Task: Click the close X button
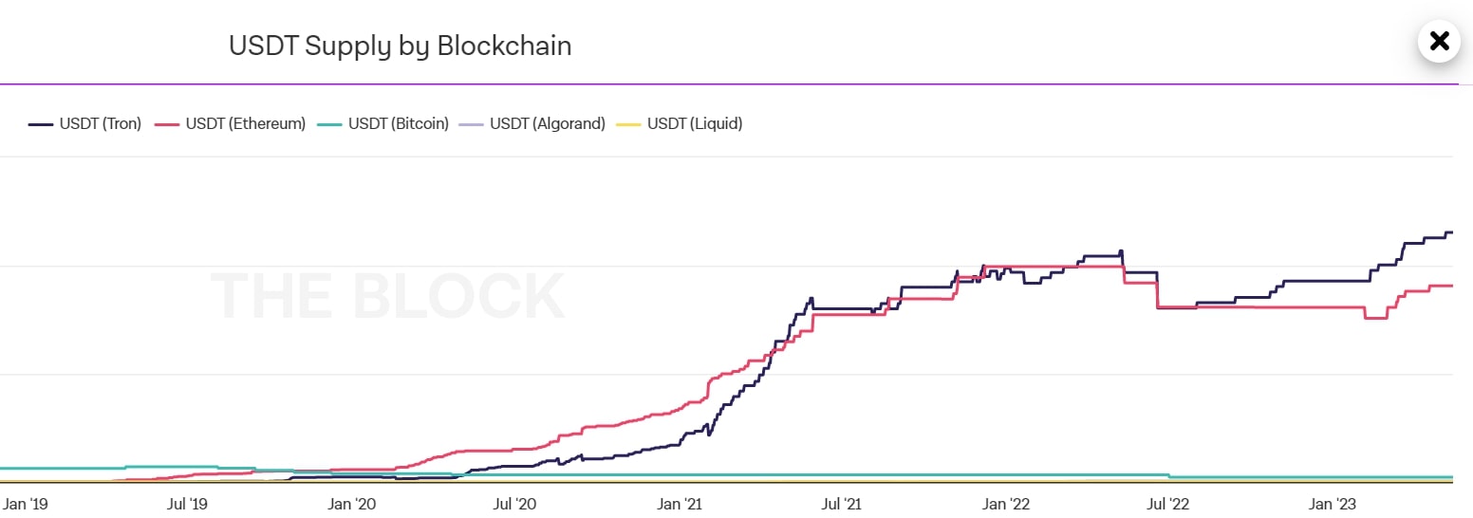(1439, 41)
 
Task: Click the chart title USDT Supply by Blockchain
(400, 46)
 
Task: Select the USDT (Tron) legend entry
(85, 123)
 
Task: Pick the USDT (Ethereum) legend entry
(232, 123)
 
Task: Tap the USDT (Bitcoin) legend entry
(384, 123)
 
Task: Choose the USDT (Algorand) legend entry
(533, 123)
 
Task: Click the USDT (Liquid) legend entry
(681, 123)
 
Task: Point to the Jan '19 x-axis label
(26, 503)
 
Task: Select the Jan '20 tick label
(353, 503)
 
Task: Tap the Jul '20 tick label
(516, 503)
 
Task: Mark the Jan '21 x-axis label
(681, 503)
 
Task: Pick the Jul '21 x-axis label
(844, 503)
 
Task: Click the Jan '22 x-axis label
(1008, 503)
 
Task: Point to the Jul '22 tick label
(1170, 503)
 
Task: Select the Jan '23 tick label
(1334, 503)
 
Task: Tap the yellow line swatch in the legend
(628, 123)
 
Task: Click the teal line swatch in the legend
(329, 123)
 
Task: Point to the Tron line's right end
(1451, 232)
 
